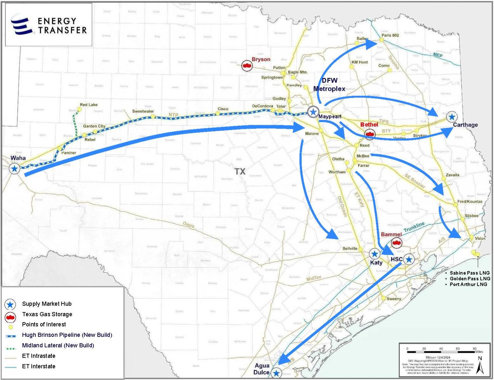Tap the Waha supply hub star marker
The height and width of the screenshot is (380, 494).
(x=14, y=169)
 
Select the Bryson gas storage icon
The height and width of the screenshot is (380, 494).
(x=247, y=65)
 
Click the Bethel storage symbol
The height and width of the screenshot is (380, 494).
(x=369, y=134)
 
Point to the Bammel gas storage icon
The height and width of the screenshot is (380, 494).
(x=396, y=243)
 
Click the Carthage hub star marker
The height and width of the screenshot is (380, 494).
(x=452, y=117)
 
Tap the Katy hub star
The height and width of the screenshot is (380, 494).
(x=375, y=254)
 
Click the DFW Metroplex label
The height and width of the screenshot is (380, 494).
(x=329, y=84)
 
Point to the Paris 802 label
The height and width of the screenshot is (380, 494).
(x=390, y=35)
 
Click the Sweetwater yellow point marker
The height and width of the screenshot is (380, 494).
(x=153, y=117)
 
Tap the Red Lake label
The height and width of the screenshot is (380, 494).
(x=88, y=105)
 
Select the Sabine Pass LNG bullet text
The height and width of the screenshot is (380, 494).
(x=470, y=273)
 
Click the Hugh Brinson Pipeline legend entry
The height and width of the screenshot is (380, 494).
(x=67, y=335)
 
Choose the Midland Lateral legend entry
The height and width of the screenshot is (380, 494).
(x=58, y=345)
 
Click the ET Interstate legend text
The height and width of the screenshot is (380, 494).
(x=39, y=366)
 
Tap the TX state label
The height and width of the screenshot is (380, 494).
(x=240, y=171)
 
